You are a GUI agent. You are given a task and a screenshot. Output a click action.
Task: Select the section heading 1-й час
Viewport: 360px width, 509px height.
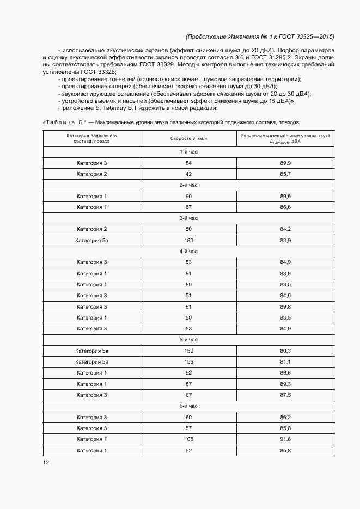coord(188,152)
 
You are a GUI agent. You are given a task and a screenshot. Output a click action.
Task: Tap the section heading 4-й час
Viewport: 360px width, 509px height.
coord(188,251)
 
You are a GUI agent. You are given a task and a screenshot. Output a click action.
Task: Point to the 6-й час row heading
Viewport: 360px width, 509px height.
coord(188,406)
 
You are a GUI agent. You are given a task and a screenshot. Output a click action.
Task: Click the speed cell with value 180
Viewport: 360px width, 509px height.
coord(189,240)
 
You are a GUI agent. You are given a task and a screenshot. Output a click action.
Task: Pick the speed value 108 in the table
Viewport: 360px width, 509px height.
coord(189,439)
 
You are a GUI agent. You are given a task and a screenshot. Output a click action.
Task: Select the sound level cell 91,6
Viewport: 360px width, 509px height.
coord(285,439)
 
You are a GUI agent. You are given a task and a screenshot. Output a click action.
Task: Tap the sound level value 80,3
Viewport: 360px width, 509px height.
coord(285,351)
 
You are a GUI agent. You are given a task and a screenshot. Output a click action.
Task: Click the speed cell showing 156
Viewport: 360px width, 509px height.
coord(189,361)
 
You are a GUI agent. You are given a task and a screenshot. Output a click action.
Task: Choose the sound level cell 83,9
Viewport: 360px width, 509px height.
coord(285,240)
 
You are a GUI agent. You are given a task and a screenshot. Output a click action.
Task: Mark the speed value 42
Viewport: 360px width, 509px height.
coord(189,174)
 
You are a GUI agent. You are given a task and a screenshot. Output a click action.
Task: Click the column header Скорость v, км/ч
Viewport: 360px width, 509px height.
coord(189,138)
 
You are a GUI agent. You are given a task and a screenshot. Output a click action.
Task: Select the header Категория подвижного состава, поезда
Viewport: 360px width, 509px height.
coord(91,138)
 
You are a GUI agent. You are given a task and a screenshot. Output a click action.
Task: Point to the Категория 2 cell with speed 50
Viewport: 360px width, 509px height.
coord(91,229)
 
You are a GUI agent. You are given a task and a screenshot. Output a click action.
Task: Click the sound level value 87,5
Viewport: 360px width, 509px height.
coord(285,395)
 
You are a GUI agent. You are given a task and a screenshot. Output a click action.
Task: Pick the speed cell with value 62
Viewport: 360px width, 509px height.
coord(189,450)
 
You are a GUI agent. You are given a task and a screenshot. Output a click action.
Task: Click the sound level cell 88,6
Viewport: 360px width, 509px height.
coord(285,273)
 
